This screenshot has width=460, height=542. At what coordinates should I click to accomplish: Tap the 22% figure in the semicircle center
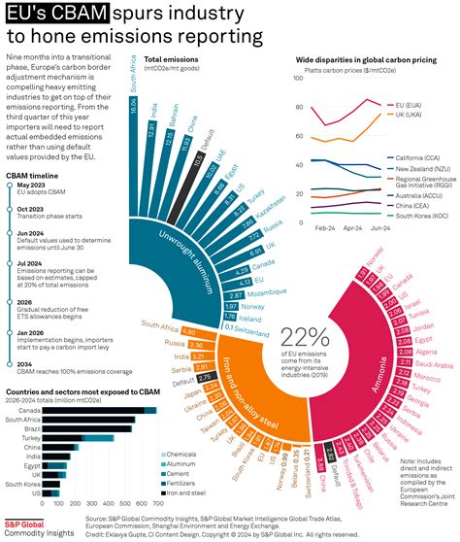tap(307, 338)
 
